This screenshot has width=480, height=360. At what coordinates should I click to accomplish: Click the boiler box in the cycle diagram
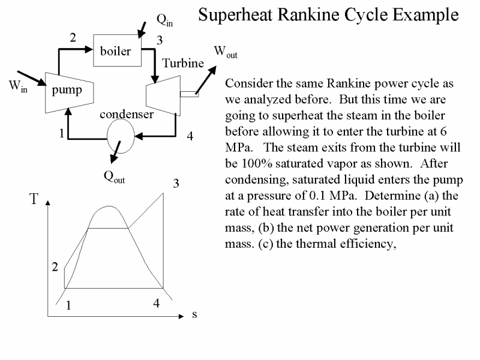(x=116, y=50)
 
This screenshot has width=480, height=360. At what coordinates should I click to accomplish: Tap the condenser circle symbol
(x=120, y=136)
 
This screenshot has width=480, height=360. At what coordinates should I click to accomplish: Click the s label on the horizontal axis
(x=194, y=314)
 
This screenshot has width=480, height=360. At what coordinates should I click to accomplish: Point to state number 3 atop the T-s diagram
(x=176, y=184)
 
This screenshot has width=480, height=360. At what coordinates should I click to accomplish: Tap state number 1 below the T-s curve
(x=69, y=305)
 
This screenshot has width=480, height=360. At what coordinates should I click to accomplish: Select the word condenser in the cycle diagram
(x=126, y=113)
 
